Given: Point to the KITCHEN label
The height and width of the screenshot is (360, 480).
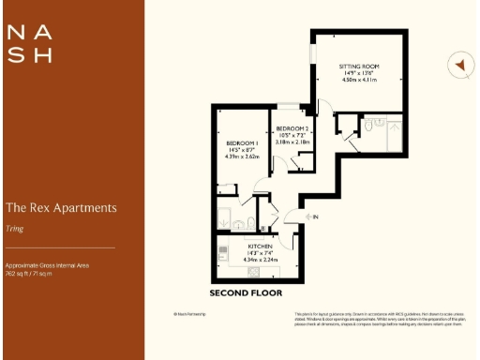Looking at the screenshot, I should coord(256,245).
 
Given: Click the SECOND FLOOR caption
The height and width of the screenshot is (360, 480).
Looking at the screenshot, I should coord(246,293).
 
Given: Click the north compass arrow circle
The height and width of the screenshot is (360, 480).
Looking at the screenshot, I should coord(459,66).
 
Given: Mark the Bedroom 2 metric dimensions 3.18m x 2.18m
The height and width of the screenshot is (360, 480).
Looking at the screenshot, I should coord(292,143).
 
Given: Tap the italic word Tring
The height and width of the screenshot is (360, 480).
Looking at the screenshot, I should coord(14,227).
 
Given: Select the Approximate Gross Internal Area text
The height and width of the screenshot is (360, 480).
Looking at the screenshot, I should coord(47,266).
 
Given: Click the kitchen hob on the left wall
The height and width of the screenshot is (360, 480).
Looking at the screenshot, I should coord(222,251).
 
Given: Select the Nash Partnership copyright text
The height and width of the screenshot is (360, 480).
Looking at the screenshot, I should coord(190,313).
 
